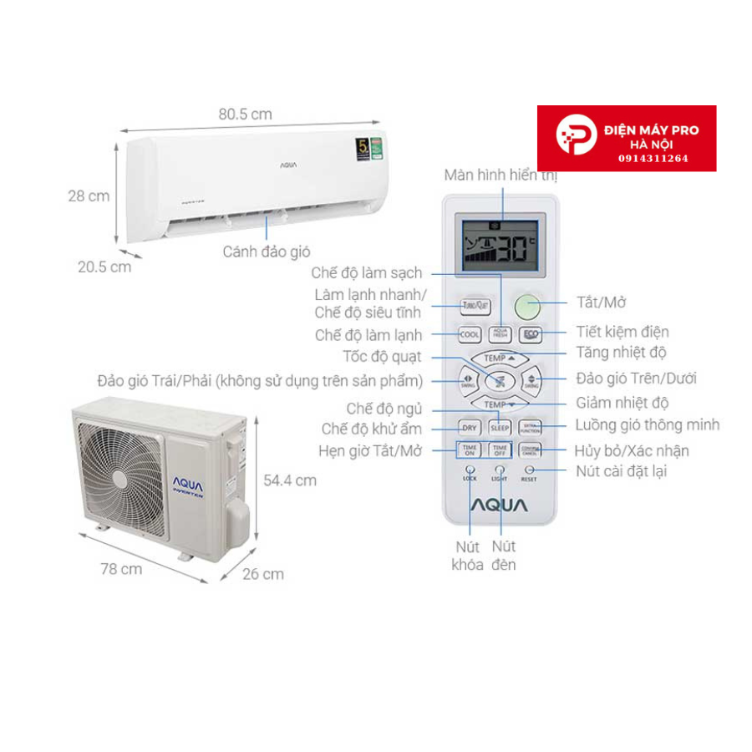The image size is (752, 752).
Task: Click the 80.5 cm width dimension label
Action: click(x=245, y=114)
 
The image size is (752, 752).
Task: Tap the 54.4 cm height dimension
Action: click(x=288, y=480)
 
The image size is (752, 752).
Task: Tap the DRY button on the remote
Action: click(x=470, y=428)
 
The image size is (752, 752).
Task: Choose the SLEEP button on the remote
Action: click(x=500, y=428)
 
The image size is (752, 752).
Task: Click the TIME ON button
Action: click(x=470, y=450)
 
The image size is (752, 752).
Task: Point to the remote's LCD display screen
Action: click(x=500, y=246)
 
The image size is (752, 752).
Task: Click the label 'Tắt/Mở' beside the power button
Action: click(x=602, y=302)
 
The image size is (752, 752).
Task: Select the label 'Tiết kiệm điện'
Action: click(x=622, y=332)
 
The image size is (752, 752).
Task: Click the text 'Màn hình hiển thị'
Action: click(x=500, y=175)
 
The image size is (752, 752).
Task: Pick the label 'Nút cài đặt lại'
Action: click(x=622, y=471)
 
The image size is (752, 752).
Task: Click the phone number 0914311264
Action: click(x=653, y=157)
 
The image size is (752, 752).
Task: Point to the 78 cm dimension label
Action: click(x=121, y=569)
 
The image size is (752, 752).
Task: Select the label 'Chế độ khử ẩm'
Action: click(x=372, y=429)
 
